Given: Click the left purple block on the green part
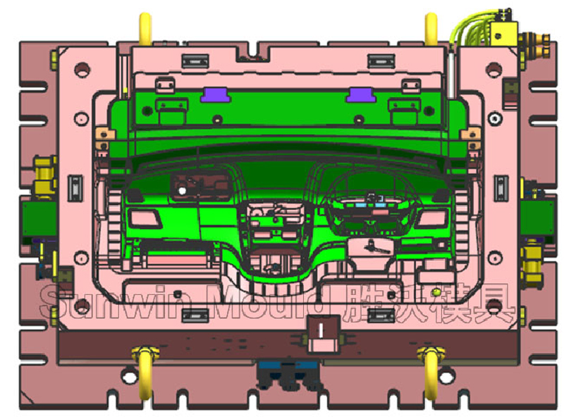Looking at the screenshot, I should click(213, 94).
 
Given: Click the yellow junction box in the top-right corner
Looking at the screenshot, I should click(505, 31).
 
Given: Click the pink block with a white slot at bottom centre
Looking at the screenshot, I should click(324, 332).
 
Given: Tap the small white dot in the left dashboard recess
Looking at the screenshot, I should click(182, 190).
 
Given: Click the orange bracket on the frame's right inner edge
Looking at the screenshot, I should click(470, 133).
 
